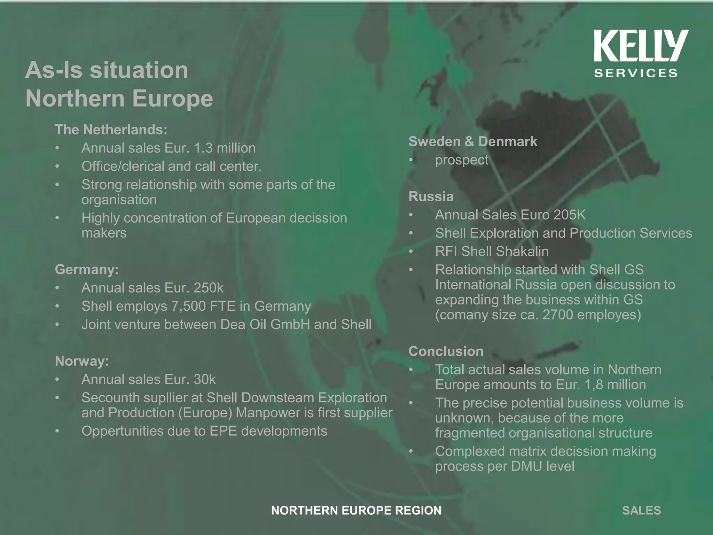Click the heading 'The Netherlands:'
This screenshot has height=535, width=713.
click(x=111, y=130)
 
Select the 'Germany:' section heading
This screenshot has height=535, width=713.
click(x=87, y=269)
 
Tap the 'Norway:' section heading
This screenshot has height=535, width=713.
click(x=82, y=361)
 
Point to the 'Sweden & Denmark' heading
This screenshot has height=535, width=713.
click(x=472, y=141)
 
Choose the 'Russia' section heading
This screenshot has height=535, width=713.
click(x=431, y=196)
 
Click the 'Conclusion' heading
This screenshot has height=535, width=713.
click(x=446, y=351)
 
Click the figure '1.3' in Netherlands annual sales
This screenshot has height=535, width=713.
click(x=203, y=148)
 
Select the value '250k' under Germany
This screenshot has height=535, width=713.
click(x=208, y=288)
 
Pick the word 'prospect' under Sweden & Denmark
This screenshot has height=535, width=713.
click(x=462, y=160)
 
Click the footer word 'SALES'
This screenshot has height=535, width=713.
click(x=641, y=510)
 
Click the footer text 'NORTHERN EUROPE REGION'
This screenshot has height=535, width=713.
click(x=356, y=510)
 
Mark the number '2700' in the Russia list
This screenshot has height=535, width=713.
click(x=558, y=315)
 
